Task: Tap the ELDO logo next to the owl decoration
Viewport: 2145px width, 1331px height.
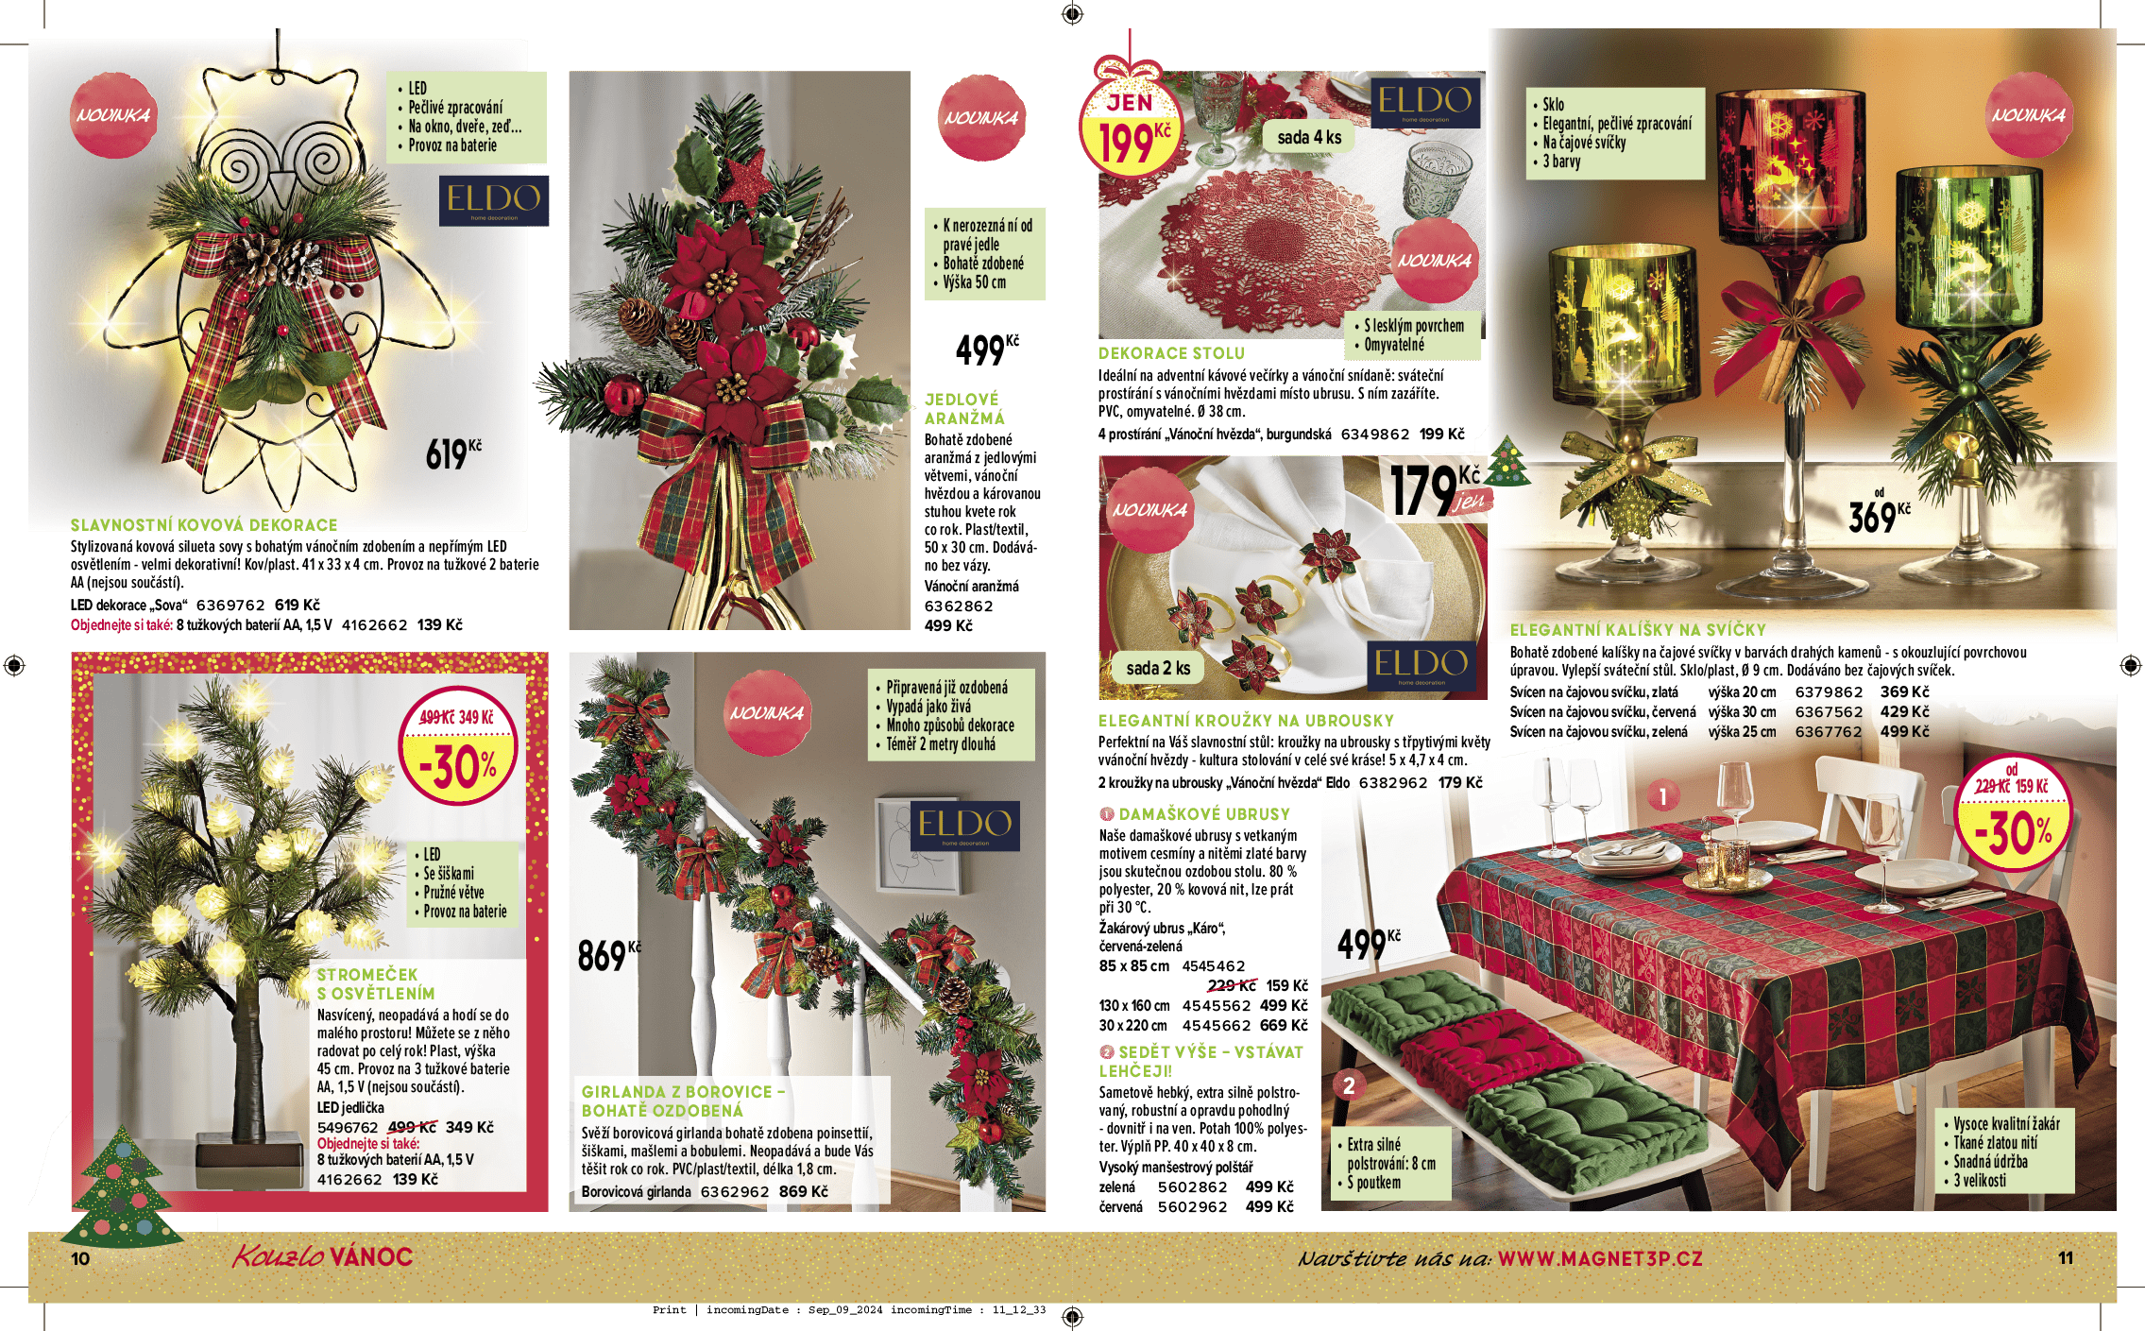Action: pyautogui.click(x=493, y=200)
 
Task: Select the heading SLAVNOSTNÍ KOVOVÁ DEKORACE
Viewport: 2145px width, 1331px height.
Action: pyautogui.click(x=204, y=525)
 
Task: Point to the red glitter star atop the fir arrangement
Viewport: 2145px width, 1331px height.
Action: pyautogui.click(x=748, y=175)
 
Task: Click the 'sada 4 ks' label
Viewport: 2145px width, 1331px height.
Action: pyautogui.click(x=1309, y=137)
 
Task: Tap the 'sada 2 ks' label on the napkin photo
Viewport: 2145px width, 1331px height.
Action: pyautogui.click(x=1158, y=668)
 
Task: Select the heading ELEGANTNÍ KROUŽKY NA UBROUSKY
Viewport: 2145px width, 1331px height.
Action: pyautogui.click(x=1246, y=721)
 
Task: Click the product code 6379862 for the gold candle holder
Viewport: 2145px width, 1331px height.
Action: pyautogui.click(x=1829, y=692)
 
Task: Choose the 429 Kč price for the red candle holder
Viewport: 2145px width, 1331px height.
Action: pyautogui.click(x=1904, y=712)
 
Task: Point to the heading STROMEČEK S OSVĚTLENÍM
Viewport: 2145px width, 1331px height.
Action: pyautogui.click(x=376, y=983)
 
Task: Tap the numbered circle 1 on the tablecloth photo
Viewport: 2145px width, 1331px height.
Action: pyautogui.click(x=1663, y=796)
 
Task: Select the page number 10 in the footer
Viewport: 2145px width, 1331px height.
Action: pyautogui.click(x=80, y=1258)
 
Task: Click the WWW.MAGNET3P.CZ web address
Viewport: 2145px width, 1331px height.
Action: pyautogui.click(x=1600, y=1258)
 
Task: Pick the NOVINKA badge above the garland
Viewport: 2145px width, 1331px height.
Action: pyautogui.click(x=767, y=712)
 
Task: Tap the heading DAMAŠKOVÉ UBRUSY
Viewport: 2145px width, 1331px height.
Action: pyautogui.click(x=1204, y=814)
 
